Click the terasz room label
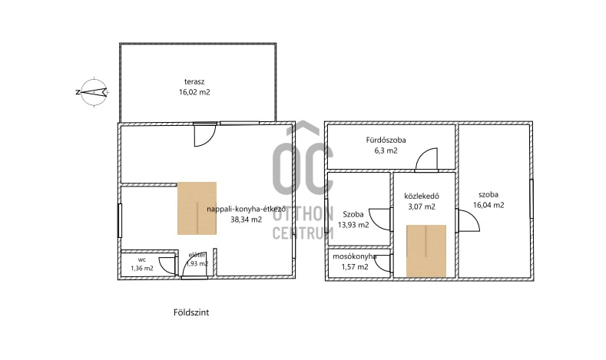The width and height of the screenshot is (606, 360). [194, 82]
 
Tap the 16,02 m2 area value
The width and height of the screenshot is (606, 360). [194, 92]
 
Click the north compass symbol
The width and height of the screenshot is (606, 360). [93, 92]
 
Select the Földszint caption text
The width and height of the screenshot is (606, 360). [191, 312]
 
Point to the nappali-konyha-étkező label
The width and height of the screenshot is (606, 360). [247, 210]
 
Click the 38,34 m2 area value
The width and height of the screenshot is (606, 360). [247, 220]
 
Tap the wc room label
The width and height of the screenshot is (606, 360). [142, 259]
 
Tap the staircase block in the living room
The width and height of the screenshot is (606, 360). [197, 208]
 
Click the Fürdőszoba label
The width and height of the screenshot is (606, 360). [386, 140]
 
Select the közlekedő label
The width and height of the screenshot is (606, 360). [422, 197]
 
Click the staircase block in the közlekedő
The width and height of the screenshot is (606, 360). [426, 251]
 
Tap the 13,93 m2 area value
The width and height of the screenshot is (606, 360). [353, 225]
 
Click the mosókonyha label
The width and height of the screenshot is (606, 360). [355, 256]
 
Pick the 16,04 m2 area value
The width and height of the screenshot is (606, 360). [488, 205]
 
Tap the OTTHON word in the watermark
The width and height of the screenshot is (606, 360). [303, 214]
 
